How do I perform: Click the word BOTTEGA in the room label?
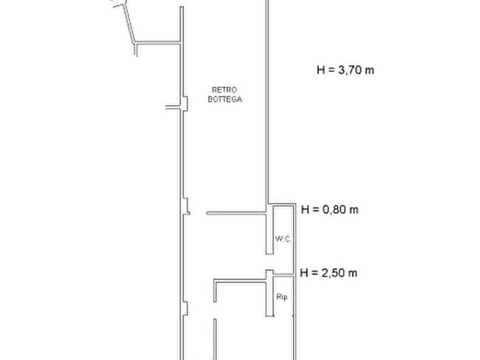coord(225,99)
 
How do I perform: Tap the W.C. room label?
coord(283,239)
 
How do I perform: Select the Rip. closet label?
coord(282,297)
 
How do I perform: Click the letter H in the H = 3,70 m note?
coord(320,70)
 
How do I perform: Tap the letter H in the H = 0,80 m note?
coord(305,210)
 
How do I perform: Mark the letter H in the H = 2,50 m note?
coord(304,273)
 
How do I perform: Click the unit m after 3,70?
coord(369,71)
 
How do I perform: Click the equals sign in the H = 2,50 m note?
coord(314,273)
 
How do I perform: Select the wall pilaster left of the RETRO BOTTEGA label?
coord(185,104)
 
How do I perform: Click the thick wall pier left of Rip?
coord(269,293)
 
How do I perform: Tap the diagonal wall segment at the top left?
coord(128,23)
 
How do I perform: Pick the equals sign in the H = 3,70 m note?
coord(331,70)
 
